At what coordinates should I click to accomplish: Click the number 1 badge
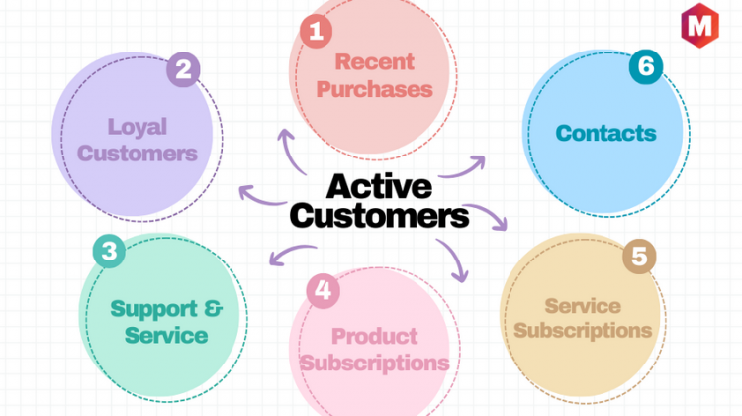pyautogui.click(x=316, y=32)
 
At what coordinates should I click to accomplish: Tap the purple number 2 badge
pyautogui.click(x=183, y=69)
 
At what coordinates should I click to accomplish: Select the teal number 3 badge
pyautogui.click(x=109, y=252)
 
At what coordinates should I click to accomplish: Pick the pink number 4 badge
pyautogui.click(x=324, y=291)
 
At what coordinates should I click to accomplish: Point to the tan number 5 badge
pyautogui.click(x=639, y=257)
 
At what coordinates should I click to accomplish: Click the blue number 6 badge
pyautogui.click(x=646, y=66)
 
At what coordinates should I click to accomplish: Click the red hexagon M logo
pyautogui.click(x=699, y=26)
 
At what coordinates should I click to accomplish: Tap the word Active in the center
pyautogui.click(x=379, y=186)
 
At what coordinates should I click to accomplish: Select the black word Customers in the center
pyautogui.click(x=379, y=216)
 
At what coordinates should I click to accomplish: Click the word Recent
pyautogui.click(x=374, y=62)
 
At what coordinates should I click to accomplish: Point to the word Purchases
pyautogui.click(x=374, y=89)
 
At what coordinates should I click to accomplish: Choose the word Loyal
pyautogui.click(x=138, y=128)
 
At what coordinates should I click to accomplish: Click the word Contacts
pyautogui.click(x=605, y=133)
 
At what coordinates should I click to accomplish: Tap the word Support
pyautogui.click(x=147, y=310)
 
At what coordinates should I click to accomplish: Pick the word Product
pyautogui.click(x=374, y=337)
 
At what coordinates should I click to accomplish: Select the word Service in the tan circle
pyautogui.click(x=583, y=306)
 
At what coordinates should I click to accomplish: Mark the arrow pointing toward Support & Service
pyautogui.click(x=292, y=253)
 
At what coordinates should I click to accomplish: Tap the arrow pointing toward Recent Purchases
pyautogui.click(x=290, y=151)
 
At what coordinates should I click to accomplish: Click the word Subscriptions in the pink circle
pyautogui.click(x=374, y=364)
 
